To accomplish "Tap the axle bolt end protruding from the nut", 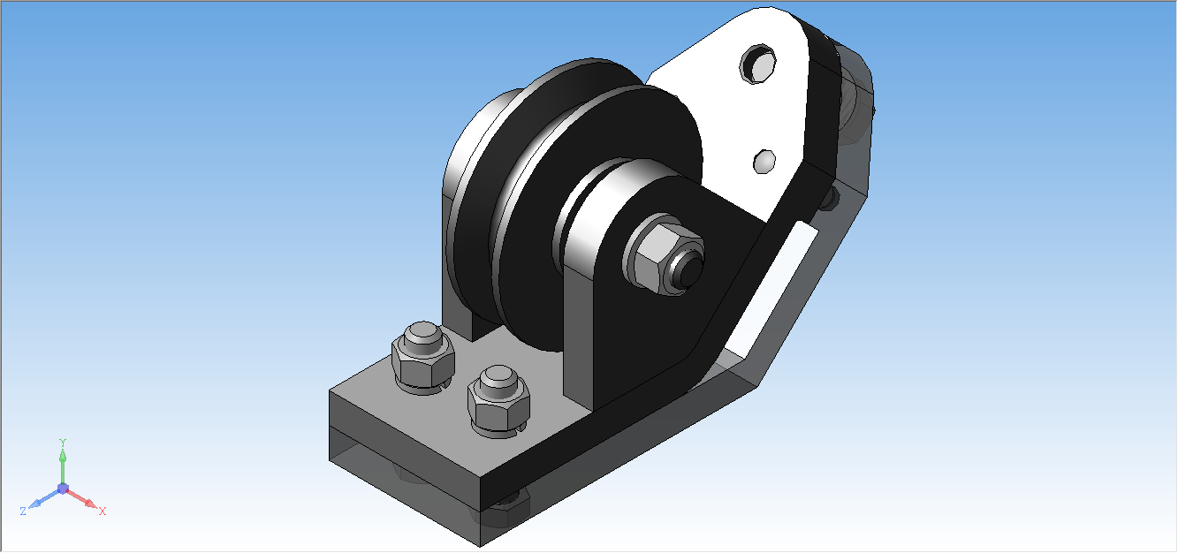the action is (689, 267).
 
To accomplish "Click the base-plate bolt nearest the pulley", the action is (498, 401).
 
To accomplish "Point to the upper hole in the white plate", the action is (758, 64).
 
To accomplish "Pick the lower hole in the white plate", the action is (764, 162).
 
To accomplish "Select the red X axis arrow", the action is (82, 498).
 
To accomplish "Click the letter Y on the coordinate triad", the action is (63, 443).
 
